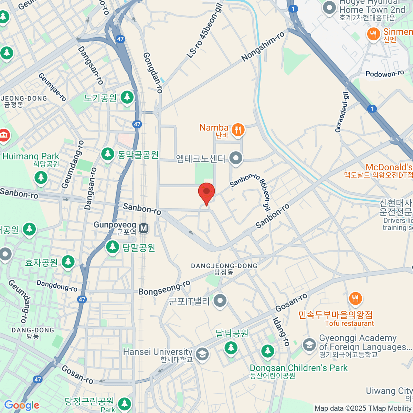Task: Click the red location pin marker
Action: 206,192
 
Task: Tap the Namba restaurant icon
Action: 238,130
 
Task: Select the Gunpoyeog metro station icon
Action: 144,228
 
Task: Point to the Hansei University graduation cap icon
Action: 202,354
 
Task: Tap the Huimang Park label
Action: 31,157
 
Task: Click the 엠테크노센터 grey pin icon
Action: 236,158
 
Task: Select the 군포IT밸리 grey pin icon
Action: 220,301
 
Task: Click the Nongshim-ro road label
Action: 263,47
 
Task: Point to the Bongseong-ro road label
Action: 165,288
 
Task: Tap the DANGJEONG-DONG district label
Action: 224,266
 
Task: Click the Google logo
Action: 22,405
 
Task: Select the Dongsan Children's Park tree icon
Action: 267,351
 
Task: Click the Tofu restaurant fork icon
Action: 355,298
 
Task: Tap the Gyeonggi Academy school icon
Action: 309,345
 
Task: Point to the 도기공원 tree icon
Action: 127,97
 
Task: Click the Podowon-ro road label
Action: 384,74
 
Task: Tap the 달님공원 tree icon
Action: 231,348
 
